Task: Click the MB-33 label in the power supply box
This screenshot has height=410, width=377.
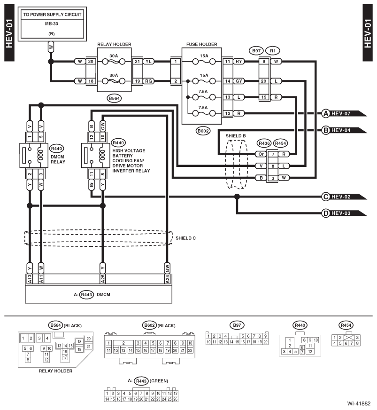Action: point(52,24)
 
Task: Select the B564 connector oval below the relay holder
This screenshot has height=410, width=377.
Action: point(114,98)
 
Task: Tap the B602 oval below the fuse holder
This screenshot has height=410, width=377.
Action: point(203,131)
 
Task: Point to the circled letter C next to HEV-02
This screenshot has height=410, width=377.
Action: point(325,197)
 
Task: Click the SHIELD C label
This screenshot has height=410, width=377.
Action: point(185,238)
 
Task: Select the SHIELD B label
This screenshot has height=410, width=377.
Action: point(236,136)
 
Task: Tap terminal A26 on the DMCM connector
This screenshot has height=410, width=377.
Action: point(103,279)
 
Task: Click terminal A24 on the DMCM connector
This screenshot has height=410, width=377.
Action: point(167,279)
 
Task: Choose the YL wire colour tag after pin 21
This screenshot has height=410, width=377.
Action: point(148,62)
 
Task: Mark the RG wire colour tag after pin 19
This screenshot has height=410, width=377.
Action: point(148,81)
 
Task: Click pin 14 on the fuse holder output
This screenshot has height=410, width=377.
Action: point(228,81)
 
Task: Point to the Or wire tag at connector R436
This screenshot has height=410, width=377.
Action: point(261,154)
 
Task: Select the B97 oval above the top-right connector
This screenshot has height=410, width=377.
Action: point(256,51)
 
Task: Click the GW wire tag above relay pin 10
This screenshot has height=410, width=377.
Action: point(103,126)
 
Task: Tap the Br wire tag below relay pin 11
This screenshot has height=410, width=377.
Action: point(92,185)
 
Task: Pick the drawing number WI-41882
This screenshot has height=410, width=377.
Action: point(359,403)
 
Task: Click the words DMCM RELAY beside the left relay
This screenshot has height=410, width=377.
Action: point(58,159)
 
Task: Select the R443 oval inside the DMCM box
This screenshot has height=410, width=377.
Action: point(86,295)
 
